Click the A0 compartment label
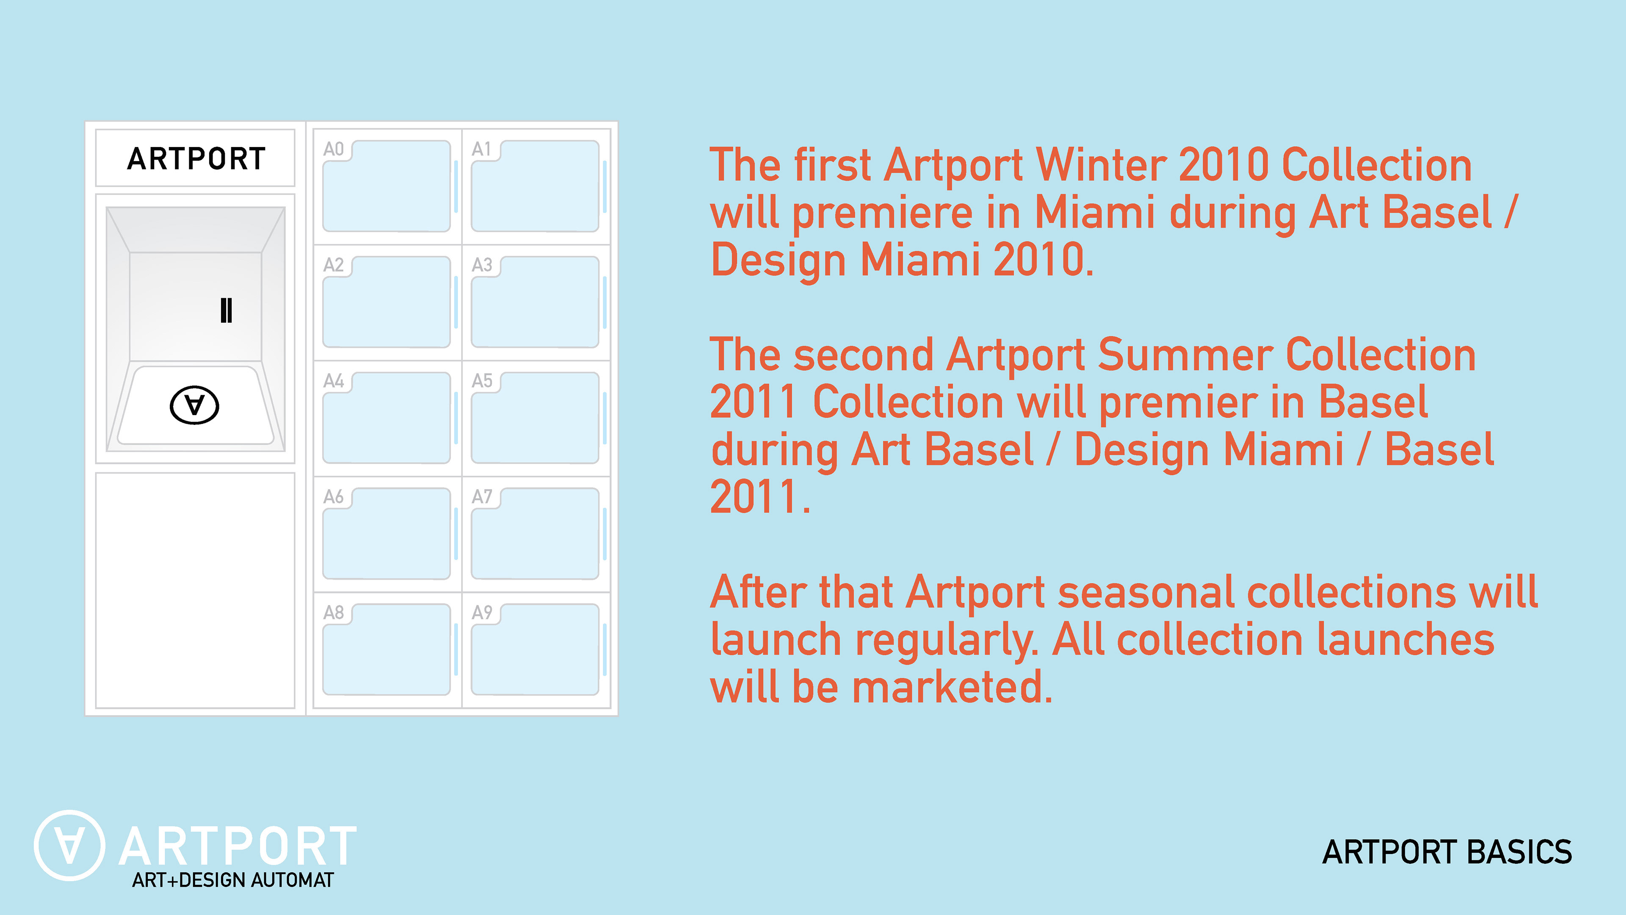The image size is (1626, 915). [333, 149]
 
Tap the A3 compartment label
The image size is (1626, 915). [481, 265]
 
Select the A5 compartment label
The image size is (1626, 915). [481, 381]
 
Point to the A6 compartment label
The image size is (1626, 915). [333, 496]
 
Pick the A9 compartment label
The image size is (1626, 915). [481, 613]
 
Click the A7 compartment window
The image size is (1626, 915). [535, 534]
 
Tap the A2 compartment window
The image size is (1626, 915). [386, 302]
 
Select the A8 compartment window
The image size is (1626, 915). [386, 649]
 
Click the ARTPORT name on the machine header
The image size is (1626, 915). [196, 158]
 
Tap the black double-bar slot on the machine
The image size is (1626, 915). [226, 310]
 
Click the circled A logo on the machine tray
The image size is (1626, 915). [194, 405]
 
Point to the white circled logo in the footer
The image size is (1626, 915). [69, 846]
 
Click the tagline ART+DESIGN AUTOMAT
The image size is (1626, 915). [232, 880]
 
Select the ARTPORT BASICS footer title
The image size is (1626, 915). [1447, 852]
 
